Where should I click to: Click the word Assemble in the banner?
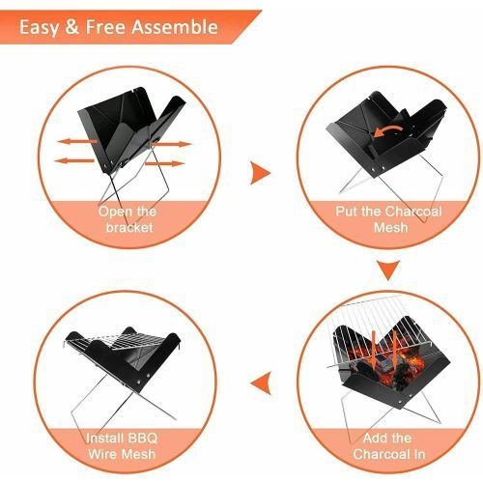[x=175, y=27]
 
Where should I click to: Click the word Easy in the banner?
[x=39, y=28]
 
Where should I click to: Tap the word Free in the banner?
[x=105, y=27]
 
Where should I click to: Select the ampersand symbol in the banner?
[x=72, y=27]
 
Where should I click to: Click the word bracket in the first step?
[x=129, y=227]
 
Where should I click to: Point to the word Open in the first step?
[x=114, y=213]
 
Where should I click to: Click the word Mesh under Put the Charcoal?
[x=390, y=227]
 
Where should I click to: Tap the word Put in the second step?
[x=347, y=212]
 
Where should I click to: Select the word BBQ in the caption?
[x=143, y=438]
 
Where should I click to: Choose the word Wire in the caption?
[x=103, y=454]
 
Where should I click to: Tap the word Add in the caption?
[x=373, y=438]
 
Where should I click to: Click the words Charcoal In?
[x=389, y=454]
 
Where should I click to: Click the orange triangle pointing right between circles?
[x=260, y=173]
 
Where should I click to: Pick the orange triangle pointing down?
[x=388, y=270]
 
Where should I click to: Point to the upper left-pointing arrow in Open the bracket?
[x=77, y=142]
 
